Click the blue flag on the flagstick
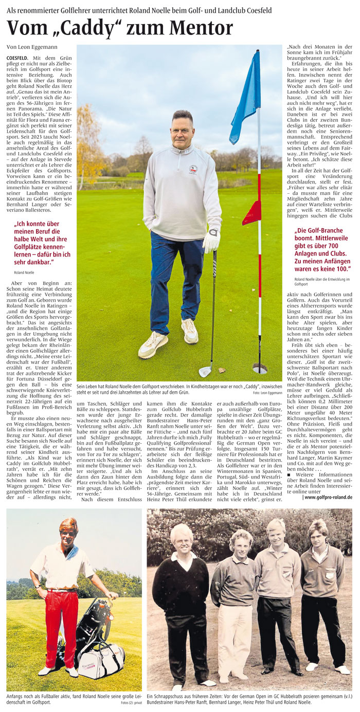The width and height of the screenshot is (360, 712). [x=246, y=98]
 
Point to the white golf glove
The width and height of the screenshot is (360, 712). [x=211, y=240]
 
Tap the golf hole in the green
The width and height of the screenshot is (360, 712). [x=260, y=369]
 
